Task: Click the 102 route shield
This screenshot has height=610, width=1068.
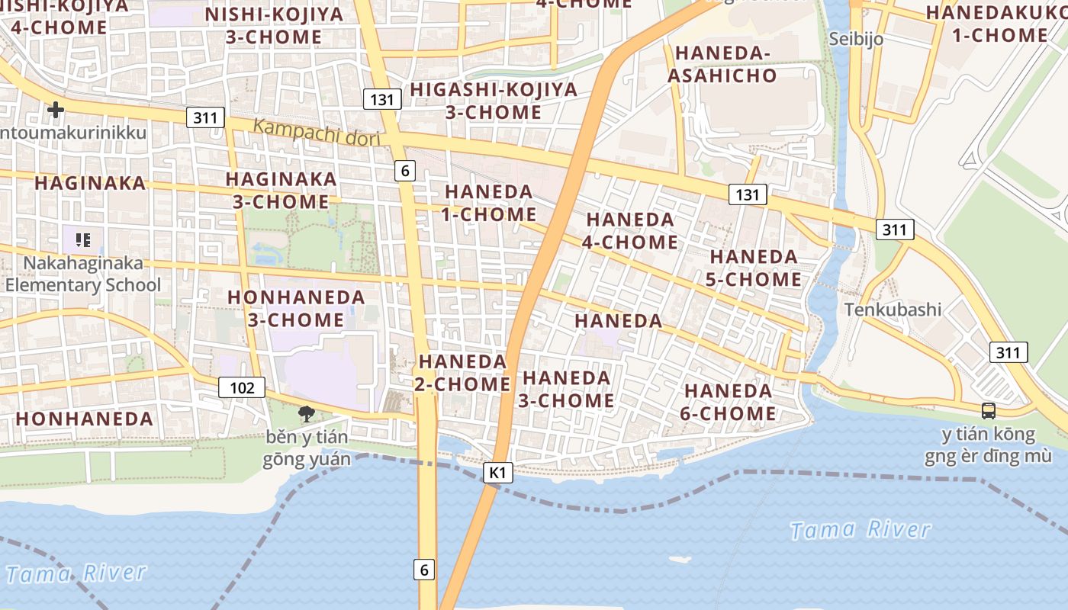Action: pyautogui.click(x=242, y=387)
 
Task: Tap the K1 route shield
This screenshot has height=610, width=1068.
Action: pyautogui.click(x=497, y=473)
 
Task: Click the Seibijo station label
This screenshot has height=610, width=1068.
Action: pyautogui.click(x=856, y=38)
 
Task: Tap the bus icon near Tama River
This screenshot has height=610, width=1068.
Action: pyautogui.click(x=989, y=410)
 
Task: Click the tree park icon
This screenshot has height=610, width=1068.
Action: pyautogui.click(x=307, y=414)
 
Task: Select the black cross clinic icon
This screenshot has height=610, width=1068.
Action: pyautogui.click(x=56, y=110)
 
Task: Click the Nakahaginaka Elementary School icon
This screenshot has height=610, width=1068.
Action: pyautogui.click(x=83, y=240)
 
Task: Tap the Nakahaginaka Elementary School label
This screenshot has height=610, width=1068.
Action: pyautogui.click(x=84, y=274)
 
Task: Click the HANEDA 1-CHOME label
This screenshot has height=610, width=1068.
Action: pyautogui.click(x=488, y=203)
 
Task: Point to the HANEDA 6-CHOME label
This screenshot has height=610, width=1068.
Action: pyautogui.click(x=729, y=403)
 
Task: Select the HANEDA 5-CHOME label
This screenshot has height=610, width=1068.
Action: pyautogui.click(x=754, y=268)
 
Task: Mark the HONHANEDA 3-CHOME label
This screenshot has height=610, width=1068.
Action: pyautogui.click(x=296, y=308)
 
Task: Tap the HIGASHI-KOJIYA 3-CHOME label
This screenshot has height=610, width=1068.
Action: pyautogui.click(x=494, y=101)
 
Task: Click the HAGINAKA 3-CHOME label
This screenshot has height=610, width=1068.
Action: pyautogui.click(x=281, y=191)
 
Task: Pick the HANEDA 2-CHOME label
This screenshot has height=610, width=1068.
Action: pyautogui.click(x=463, y=372)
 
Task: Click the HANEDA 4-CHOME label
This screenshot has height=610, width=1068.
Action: pyautogui.click(x=631, y=230)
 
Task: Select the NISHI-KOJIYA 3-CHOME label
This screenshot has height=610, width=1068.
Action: pyautogui.click(x=263, y=25)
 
